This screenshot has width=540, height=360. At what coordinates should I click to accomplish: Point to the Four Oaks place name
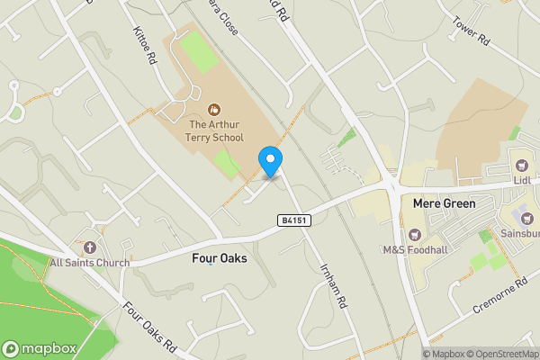[220, 257]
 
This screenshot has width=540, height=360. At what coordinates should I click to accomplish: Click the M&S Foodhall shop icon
[415, 234]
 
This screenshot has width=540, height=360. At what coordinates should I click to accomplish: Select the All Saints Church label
[89, 262]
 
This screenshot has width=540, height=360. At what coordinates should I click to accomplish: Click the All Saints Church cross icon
[89, 247]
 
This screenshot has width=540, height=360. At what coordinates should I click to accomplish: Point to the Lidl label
[523, 180]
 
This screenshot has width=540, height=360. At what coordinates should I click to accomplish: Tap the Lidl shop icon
[522, 165]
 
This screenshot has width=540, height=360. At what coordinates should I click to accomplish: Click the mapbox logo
[39, 348]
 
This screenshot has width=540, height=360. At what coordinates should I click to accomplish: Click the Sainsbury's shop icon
[521, 217]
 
